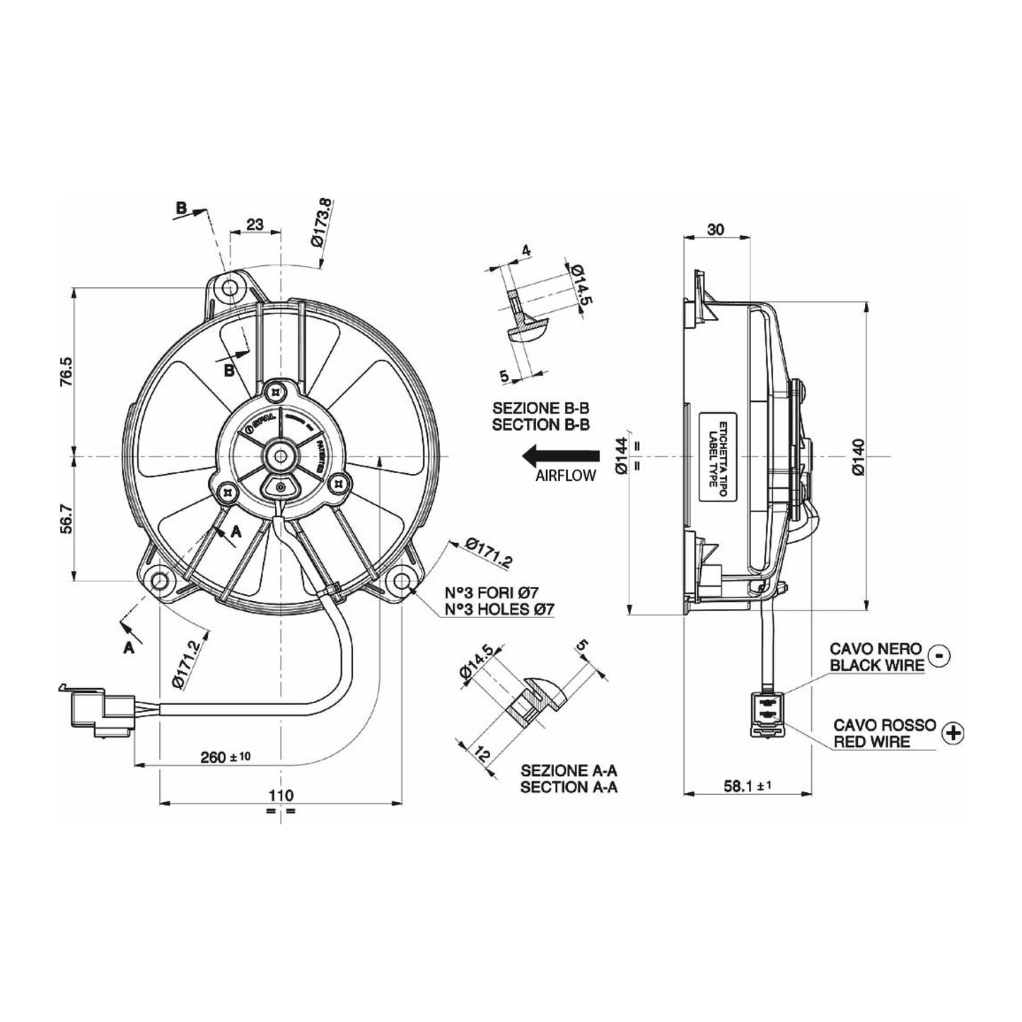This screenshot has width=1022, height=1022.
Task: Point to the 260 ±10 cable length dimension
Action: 225,757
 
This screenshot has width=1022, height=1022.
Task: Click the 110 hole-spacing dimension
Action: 281,796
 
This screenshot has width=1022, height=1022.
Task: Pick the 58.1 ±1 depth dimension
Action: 744,786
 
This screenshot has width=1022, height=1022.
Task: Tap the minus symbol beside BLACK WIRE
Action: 938,655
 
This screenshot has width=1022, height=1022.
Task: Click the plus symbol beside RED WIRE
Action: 953,733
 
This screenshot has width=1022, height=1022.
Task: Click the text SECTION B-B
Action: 541,425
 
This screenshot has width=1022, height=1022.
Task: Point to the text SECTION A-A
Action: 569,787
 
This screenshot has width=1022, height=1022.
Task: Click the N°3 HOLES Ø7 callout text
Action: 499,609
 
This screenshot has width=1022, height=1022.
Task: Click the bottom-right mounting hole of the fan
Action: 402,581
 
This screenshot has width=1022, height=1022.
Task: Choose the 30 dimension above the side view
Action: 716,229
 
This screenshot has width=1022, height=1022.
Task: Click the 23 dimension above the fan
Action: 255,224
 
